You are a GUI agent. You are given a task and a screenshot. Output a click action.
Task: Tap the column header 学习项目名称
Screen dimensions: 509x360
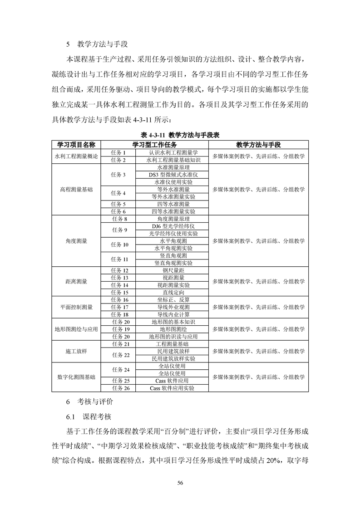(x=76, y=144)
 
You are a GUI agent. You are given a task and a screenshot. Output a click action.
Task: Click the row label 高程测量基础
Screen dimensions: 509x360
(x=76, y=189)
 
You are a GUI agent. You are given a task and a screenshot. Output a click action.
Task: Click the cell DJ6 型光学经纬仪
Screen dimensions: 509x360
(x=173, y=226)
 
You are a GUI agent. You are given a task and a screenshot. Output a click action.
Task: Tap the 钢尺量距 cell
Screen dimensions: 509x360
(x=173, y=270)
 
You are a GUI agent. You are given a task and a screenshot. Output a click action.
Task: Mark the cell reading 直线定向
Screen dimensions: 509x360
(x=173, y=293)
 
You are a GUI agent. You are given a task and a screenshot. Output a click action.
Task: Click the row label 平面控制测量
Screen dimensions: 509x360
(x=76, y=307)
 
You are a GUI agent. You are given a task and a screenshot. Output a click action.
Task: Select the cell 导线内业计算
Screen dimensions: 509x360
(x=173, y=314)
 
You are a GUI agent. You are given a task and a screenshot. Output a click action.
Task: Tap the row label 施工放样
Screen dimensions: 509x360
(x=76, y=351)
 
